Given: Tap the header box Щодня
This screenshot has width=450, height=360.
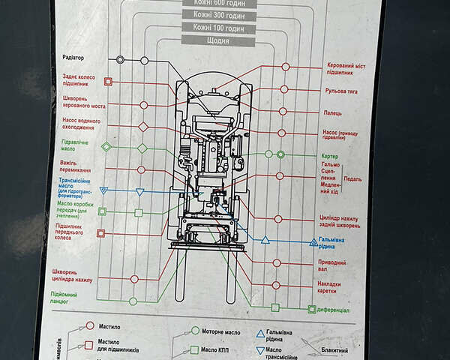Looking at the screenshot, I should click(217, 40).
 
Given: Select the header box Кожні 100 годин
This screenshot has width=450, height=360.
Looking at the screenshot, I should click(217, 28).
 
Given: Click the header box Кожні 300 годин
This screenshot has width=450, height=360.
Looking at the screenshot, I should click(217, 15).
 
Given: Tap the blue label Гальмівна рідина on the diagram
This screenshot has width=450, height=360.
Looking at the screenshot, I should click(331, 243).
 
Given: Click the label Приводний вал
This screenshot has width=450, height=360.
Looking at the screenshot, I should click(332, 265).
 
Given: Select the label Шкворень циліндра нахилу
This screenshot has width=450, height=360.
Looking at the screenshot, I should click(73, 275).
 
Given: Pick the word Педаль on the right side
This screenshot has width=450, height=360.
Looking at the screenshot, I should click(352, 178).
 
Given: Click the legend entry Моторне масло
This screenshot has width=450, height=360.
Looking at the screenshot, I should click(229, 331).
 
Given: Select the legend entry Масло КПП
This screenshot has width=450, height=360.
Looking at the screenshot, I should click(218, 349).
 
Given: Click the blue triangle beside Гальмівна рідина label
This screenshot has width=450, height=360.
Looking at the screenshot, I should click(313, 241).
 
